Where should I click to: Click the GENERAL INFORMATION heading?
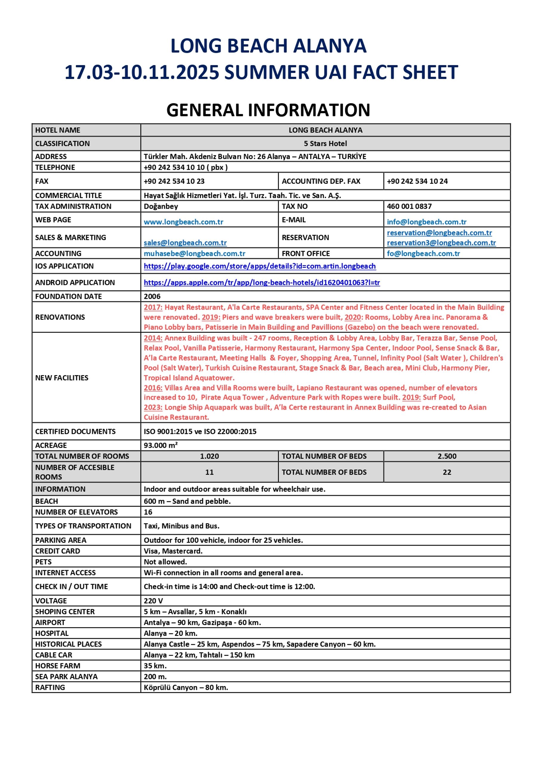(268, 110)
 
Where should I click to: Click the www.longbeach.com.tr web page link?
(183, 222)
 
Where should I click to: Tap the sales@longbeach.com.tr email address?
(185, 243)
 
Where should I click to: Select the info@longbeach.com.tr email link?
(427, 222)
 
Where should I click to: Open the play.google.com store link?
(260, 266)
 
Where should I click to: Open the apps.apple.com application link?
(261, 282)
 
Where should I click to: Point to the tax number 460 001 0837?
(409, 206)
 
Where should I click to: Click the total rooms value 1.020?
(209, 456)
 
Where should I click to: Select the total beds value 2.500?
(447, 456)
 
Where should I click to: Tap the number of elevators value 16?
(148, 512)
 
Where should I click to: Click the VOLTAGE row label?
(51, 601)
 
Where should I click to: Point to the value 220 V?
(153, 601)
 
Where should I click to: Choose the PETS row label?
(43, 562)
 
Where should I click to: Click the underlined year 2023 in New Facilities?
(153, 407)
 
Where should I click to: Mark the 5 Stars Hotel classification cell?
(325, 143)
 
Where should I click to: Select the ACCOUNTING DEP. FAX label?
(321, 181)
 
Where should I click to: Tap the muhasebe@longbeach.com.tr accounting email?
(194, 253)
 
